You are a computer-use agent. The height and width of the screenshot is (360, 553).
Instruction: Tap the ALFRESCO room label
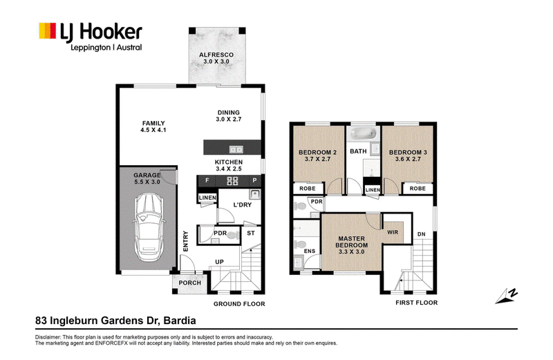[x=216, y=55]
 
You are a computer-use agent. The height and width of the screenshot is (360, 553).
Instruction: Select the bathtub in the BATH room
[x=362, y=133]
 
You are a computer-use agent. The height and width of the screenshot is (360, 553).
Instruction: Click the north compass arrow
[x=507, y=296]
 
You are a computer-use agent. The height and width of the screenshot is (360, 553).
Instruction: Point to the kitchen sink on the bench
[x=236, y=149]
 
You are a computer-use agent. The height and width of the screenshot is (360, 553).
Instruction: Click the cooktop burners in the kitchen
[x=232, y=181]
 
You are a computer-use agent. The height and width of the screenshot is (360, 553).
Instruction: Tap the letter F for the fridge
[x=207, y=180]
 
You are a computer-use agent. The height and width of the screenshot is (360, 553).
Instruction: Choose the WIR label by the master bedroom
[x=393, y=232]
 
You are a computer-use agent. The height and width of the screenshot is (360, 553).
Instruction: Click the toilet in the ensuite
[x=300, y=244]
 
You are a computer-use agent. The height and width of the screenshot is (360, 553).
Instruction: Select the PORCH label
[x=189, y=283]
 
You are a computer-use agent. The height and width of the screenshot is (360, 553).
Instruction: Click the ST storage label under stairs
[x=251, y=233]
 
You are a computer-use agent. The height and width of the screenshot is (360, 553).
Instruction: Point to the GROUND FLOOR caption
[x=239, y=304]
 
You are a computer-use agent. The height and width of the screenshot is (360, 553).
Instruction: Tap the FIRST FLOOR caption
[x=417, y=303]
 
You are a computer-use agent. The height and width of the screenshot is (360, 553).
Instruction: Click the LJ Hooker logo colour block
[x=47, y=30]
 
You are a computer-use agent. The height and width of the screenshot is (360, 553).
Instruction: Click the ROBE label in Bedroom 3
[x=418, y=188]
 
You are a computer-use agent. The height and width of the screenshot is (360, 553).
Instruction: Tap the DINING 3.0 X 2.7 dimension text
[x=229, y=119]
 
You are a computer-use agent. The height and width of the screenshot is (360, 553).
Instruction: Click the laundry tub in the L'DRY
[x=254, y=194]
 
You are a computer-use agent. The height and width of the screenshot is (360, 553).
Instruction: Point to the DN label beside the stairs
[x=421, y=234]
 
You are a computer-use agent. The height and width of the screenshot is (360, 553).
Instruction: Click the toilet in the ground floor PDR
[x=232, y=235]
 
